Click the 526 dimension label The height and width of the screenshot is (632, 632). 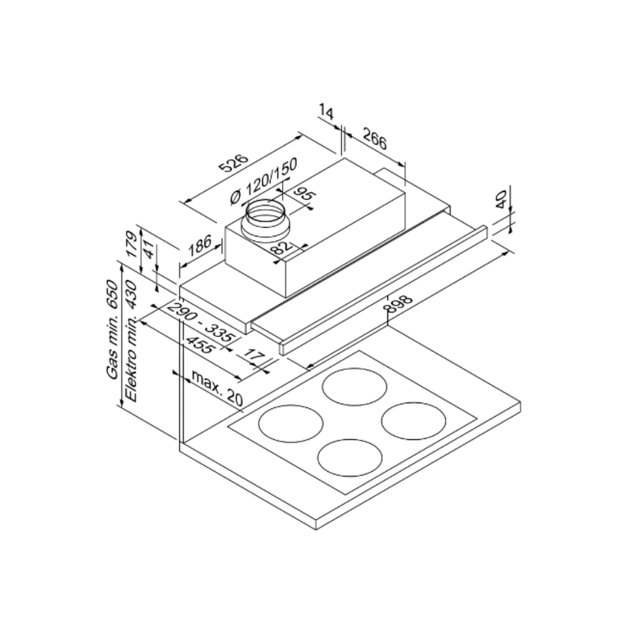pos(233,163)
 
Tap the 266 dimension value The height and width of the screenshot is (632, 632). pos(375,138)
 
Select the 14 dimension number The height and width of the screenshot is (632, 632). pos(327,112)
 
